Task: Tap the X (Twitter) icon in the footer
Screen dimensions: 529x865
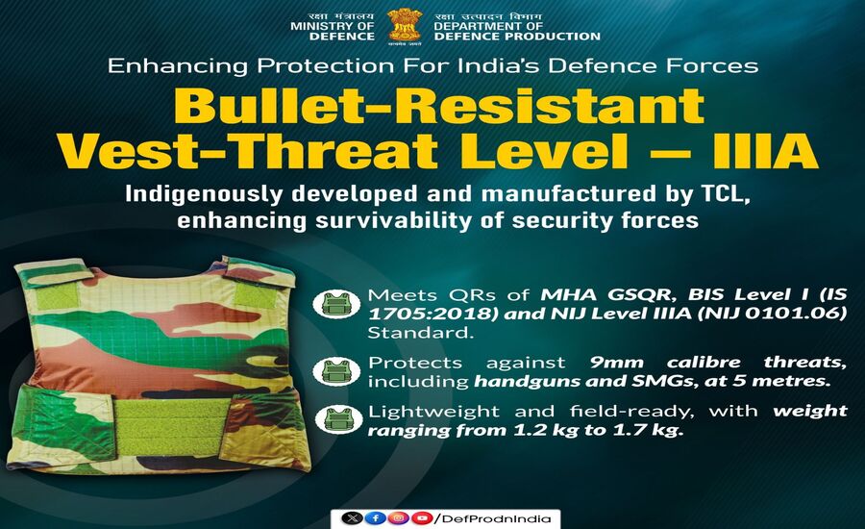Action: point(355,517)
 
